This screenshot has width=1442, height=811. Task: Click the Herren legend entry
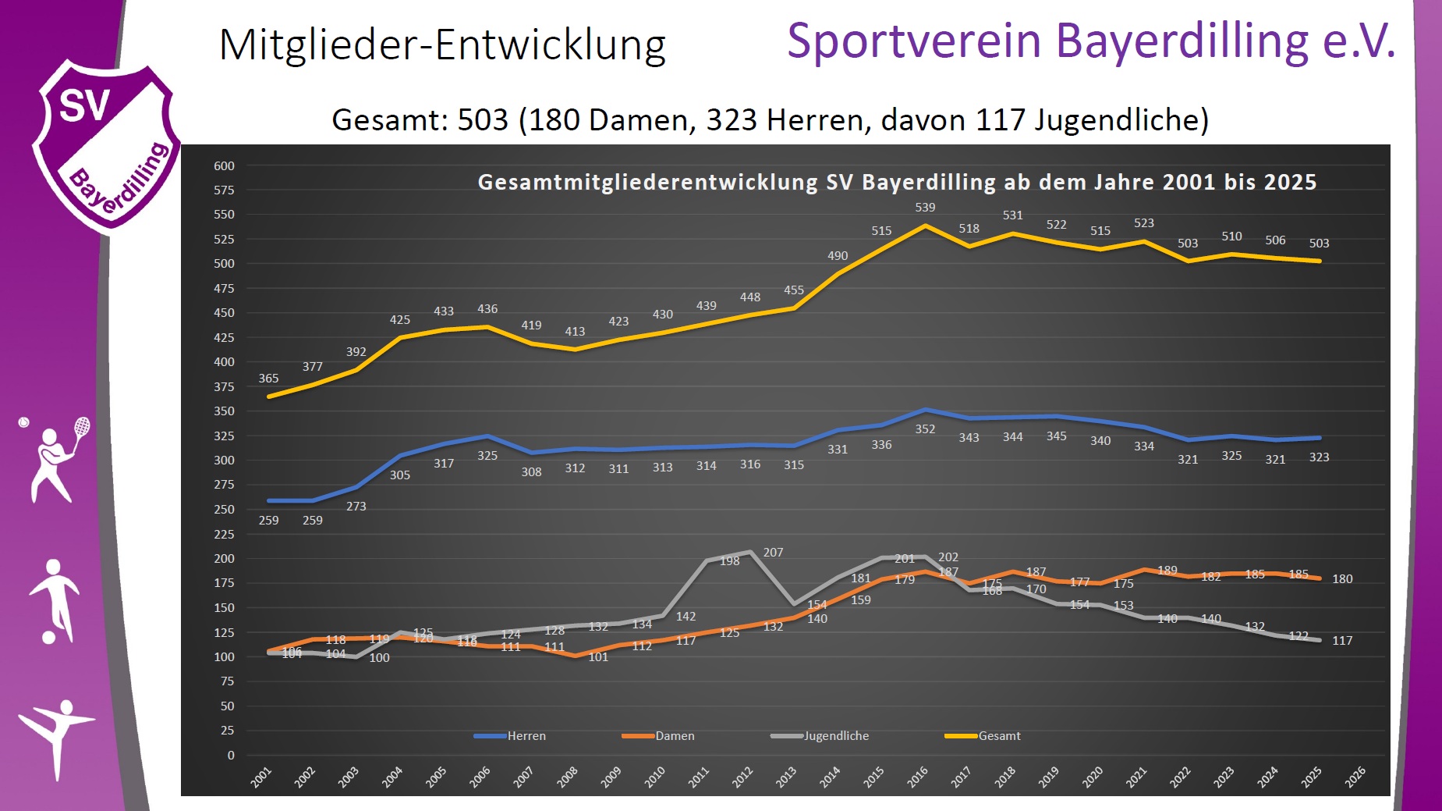(x=511, y=736)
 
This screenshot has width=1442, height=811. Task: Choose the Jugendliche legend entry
(x=820, y=736)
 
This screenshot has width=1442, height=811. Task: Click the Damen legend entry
(x=659, y=736)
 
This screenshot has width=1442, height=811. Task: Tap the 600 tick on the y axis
(x=224, y=166)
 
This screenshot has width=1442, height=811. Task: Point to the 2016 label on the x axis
(x=917, y=777)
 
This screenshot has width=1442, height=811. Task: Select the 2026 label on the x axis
(x=1355, y=777)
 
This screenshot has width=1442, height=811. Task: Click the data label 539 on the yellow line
(x=925, y=208)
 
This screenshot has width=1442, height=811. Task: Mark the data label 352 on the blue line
(x=925, y=429)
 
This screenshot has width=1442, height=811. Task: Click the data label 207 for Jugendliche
(x=773, y=553)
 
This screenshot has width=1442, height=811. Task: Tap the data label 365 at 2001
(x=268, y=379)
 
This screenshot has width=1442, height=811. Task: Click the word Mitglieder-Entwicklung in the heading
(x=442, y=45)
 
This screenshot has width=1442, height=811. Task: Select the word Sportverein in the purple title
(x=914, y=41)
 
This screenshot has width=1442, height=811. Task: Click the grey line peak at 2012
(x=750, y=552)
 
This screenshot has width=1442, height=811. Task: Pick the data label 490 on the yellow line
(x=838, y=256)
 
